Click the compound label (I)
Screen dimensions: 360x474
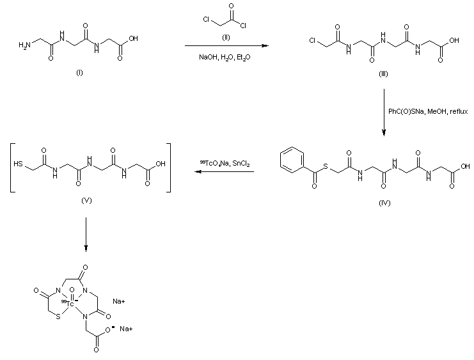click(x=79, y=72)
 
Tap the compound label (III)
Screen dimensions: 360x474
click(x=383, y=74)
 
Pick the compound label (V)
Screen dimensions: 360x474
click(x=88, y=200)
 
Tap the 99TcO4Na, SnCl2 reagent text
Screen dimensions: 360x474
click(x=225, y=164)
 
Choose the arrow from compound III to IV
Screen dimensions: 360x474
click(x=384, y=113)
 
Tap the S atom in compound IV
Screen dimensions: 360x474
click(x=326, y=169)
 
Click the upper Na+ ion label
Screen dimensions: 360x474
click(x=119, y=301)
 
